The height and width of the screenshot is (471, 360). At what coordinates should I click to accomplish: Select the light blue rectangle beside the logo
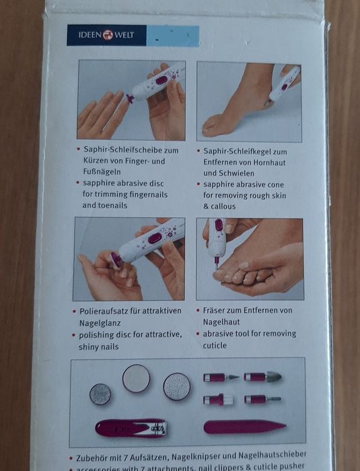point(172,36)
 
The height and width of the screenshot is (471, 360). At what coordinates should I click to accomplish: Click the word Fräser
point(218,311)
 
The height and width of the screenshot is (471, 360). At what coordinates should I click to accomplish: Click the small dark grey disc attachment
point(100,394)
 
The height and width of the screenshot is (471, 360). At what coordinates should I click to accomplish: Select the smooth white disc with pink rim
point(136,378)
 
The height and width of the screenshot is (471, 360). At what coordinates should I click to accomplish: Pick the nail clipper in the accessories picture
point(131,427)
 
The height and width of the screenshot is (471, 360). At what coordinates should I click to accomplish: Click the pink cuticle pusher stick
point(244,427)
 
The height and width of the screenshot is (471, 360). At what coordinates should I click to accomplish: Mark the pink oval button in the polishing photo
point(154,238)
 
